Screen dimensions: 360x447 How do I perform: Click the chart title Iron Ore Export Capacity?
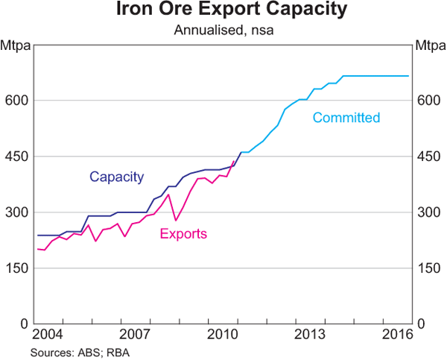click(x=223, y=11)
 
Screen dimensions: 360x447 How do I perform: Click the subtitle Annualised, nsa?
click(x=223, y=31)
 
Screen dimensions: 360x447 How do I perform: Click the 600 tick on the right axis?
click(x=429, y=101)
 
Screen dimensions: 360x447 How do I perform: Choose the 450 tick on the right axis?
click(x=429, y=157)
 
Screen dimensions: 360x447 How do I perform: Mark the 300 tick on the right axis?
click(x=429, y=212)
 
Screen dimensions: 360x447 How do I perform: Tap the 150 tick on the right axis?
click(x=429, y=268)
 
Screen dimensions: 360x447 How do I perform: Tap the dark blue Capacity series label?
click(x=116, y=177)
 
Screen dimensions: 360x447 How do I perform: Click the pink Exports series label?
click(x=183, y=234)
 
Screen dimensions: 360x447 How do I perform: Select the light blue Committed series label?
click(x=346, y=118)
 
